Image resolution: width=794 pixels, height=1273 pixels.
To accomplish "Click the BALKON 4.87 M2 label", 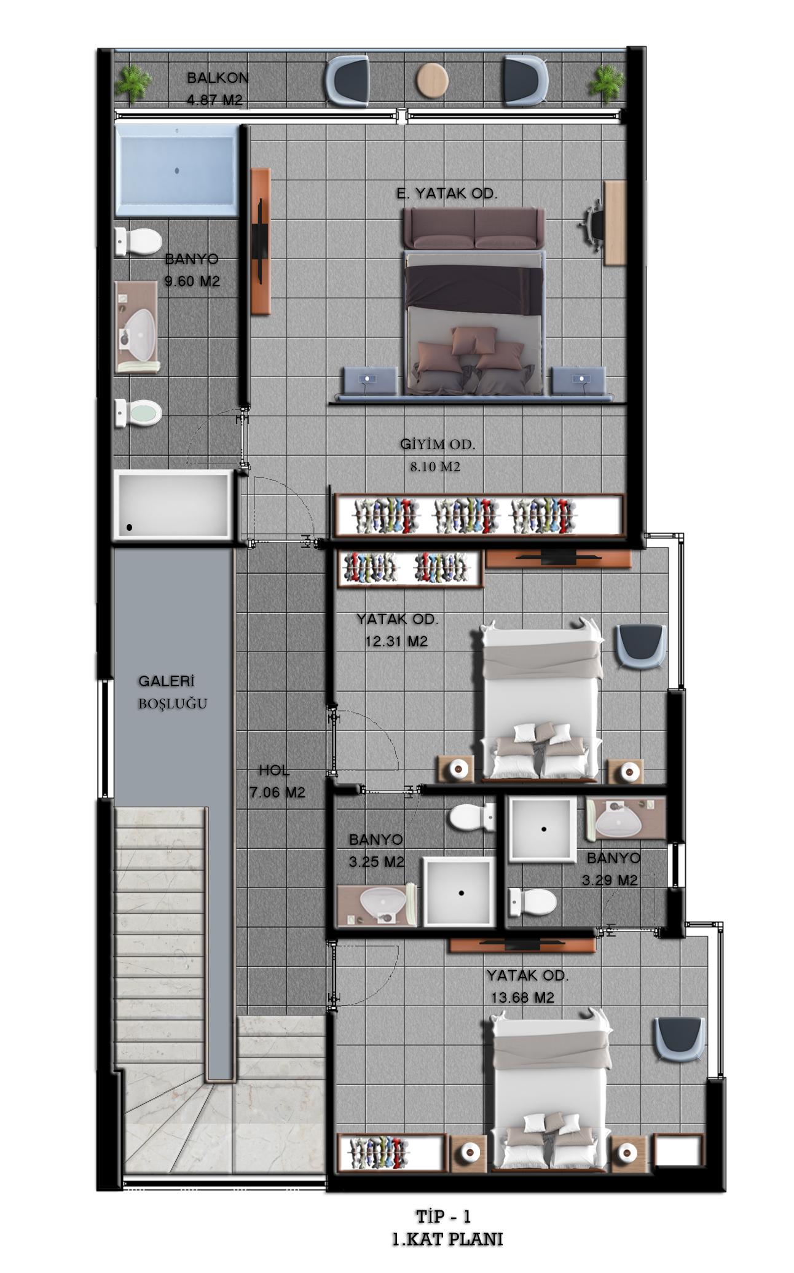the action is click(x=217, y=89).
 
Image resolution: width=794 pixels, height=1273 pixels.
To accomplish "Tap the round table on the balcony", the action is click(x=432, y=80).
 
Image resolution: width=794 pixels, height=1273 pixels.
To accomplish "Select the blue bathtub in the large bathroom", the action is click(x=176, y=170).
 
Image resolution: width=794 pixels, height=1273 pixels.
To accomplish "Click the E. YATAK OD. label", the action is click(x=447, y=194).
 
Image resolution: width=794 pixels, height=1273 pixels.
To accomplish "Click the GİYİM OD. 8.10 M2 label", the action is click(x=438, y=455).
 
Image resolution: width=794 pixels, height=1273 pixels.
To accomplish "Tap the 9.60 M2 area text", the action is click(x=192, y=281).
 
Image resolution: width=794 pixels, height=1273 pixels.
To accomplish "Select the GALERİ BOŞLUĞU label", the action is click(x=172, y=692).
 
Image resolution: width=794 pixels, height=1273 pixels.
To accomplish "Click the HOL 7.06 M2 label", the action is click(x=277, y=781).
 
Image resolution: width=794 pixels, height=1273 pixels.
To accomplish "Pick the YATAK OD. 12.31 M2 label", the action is click(x=397, y=630).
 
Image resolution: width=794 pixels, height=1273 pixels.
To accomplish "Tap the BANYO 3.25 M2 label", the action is click(x=376, y=851).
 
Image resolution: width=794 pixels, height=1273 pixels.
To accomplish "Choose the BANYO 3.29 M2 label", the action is click(x=612, y=869).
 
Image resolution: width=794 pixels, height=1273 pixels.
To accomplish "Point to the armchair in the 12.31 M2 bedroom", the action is click(x=640, y=646).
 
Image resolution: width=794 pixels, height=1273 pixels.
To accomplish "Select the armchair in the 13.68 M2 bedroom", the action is click(x=679, y=1039).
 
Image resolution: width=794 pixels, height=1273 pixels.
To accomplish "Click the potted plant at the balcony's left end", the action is click(x=133, y=84).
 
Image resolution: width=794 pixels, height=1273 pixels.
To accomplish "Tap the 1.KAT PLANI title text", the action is click(x=447, y=1239).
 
